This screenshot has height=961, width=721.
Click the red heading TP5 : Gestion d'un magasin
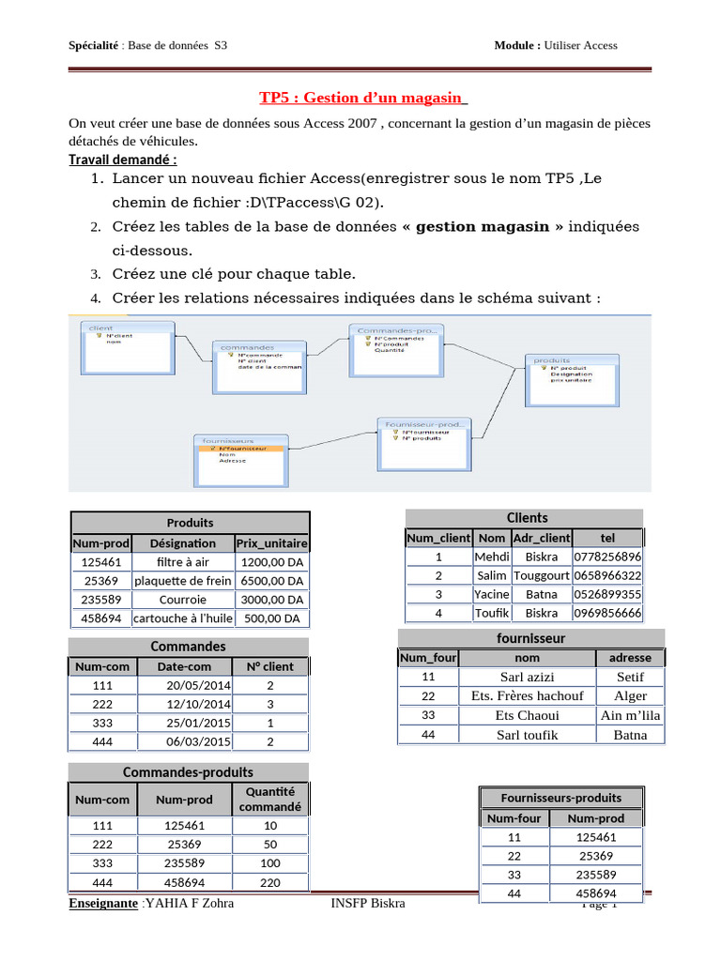[x=362, y=99]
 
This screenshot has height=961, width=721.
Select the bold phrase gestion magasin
[x=483, y=226]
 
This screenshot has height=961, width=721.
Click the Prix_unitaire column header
[x=271, y=542]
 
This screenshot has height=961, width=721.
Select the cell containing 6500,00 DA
[x=271, y=581]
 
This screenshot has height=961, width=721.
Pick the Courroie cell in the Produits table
[x=182, y=600]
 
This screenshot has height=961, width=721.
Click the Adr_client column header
[x=541, y=538]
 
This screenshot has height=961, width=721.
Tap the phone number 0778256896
[x=607, y=557]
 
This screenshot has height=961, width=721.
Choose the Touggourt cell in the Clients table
[x=541, y=575]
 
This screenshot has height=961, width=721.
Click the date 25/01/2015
[x=198, y=723]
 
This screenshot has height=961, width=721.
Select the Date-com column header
[x=184, y=666]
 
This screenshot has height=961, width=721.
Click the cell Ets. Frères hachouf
[x=527, y=695]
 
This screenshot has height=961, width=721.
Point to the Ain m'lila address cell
[x=630, y=715]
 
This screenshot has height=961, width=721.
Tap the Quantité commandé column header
[x=270, y=800]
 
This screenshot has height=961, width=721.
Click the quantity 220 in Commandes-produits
[x=270, y=882]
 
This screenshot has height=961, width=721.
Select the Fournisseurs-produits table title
[x=560, y=798]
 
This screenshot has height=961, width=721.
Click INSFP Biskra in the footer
[x=368, y=903]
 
